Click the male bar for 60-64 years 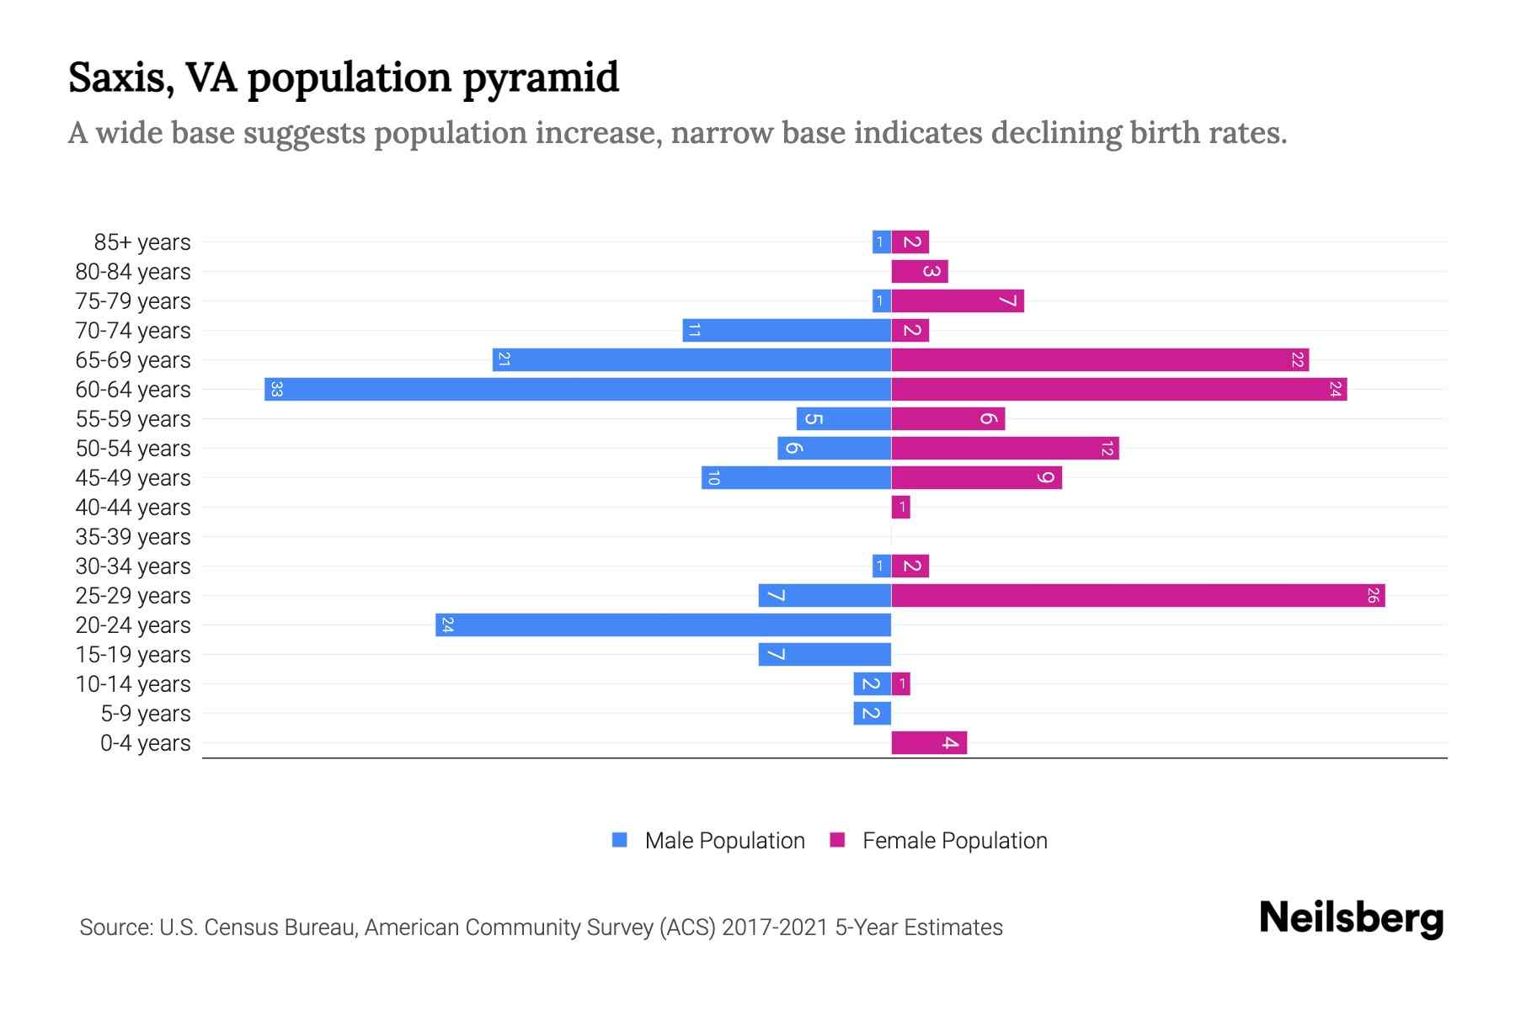tap(578, 390)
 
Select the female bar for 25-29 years tap(1138, 596)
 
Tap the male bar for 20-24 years tap(663, 625)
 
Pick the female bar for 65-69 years tap(1100, 360)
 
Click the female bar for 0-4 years tap(929, 743)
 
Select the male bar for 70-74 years tap(787, 331)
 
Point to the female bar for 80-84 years tap(920, 272)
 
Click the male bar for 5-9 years tap(872, 714)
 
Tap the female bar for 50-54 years tap(1005, 449)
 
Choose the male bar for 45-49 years tap(796, 478)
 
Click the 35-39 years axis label tap(133, 537)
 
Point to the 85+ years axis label tap(142, 242)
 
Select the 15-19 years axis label tap(133, 655)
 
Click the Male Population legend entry tap(708, 841)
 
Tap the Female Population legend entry tap(938, 841)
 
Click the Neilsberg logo tap(1351, 918)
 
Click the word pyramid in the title tap(540, 77)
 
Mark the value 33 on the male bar tap(276, 390)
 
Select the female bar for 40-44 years tap(900, 508)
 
